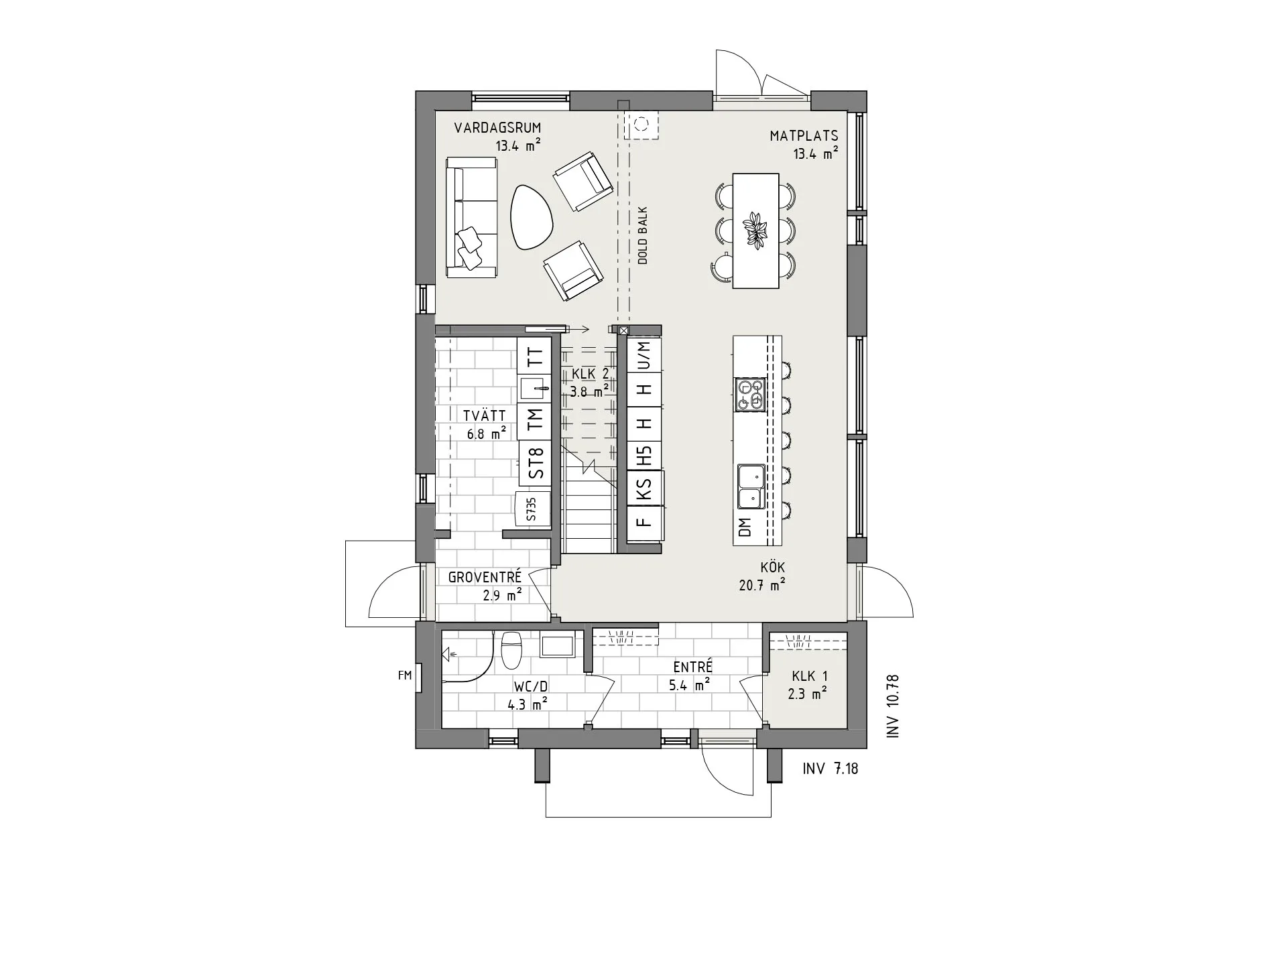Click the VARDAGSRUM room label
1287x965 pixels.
pos(497,128)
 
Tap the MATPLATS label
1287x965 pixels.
pos(804,136)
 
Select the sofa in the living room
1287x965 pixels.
pos(471,218)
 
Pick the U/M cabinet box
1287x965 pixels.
pos(644,355)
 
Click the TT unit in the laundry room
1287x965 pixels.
pos(534,355)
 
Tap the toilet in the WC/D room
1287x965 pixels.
pos(511,649)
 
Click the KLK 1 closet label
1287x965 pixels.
pos(809,678)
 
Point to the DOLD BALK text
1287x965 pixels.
pos(642,236)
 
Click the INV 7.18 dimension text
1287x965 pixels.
pos(830,769)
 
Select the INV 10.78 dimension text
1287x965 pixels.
pos(892,706)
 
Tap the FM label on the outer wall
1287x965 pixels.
pos(404,675)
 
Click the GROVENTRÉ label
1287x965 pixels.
pos(485,577)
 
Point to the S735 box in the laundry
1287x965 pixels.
pos(532,509)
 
